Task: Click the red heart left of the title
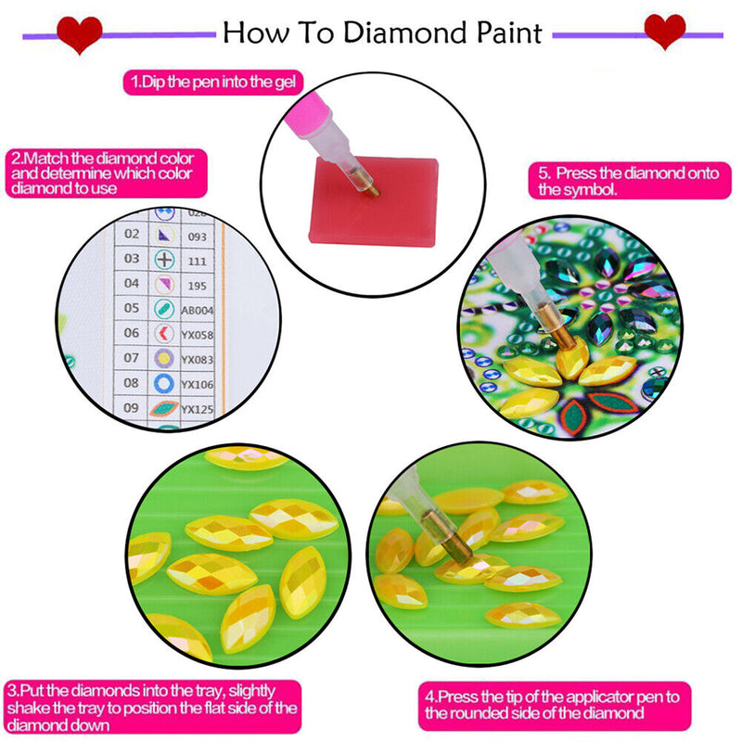(80, 34)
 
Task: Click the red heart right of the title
(664, 32)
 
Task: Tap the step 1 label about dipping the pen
(215, 82)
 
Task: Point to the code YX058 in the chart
(198, 335)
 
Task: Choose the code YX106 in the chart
(198, 384)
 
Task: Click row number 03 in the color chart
(132, 259)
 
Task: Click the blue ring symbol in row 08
(163, 383)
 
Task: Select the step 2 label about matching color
(108, 173)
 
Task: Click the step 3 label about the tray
(152, 707)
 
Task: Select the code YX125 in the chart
(198, 409)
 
